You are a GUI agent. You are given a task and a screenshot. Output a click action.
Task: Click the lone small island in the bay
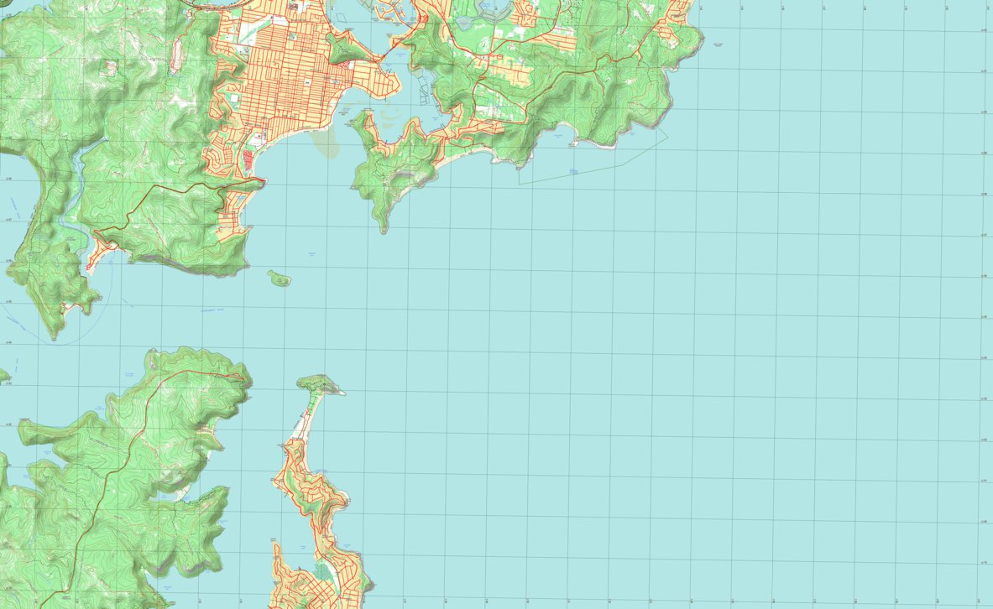(x=279, y=278)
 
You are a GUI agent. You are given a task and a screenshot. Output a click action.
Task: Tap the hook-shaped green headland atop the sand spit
(x=320, y=384)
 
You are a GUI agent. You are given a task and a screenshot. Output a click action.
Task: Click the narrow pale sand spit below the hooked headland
(x=303, y=424)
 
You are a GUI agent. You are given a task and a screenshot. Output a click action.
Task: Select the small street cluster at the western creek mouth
(x=100, y=251)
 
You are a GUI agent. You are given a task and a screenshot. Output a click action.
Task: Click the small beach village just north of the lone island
(x=236, y=210)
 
